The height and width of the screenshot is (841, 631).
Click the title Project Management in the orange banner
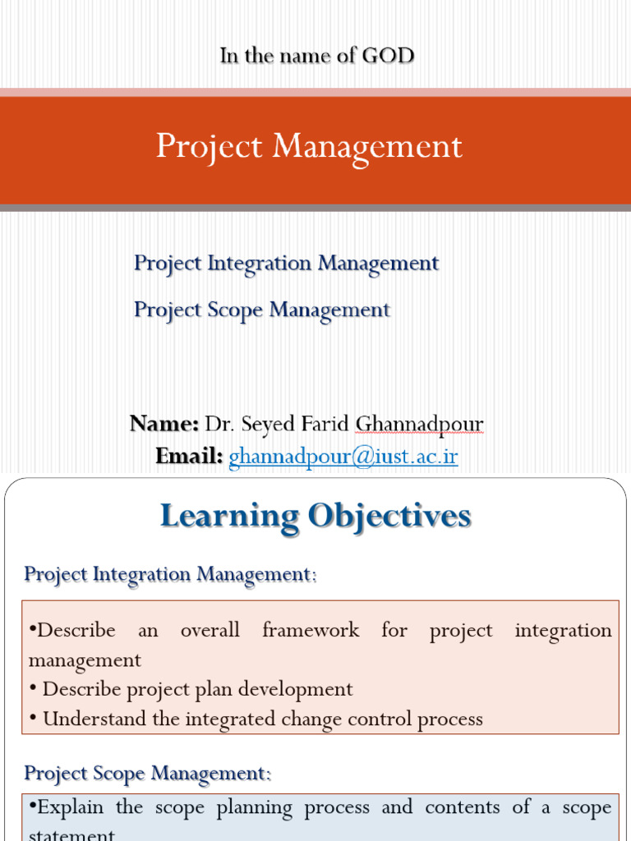[309, 147]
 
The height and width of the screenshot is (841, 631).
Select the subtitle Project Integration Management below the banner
[286, 264]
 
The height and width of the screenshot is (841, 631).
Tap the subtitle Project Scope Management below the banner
[261, 310]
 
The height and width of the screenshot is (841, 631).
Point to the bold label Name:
[164, 424]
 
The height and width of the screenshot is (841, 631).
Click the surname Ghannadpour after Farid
[419, 424]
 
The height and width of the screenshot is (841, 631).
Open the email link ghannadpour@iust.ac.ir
[343, 456]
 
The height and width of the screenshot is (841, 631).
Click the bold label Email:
[189, 456]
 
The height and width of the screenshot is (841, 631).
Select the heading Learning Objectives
[315, 517]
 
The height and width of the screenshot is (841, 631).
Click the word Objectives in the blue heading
[389, 517]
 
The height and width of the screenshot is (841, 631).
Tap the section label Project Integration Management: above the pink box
[170, 574]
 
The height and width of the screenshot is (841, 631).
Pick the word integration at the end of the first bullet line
[563, 631]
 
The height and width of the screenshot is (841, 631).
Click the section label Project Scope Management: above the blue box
[147, 774]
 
